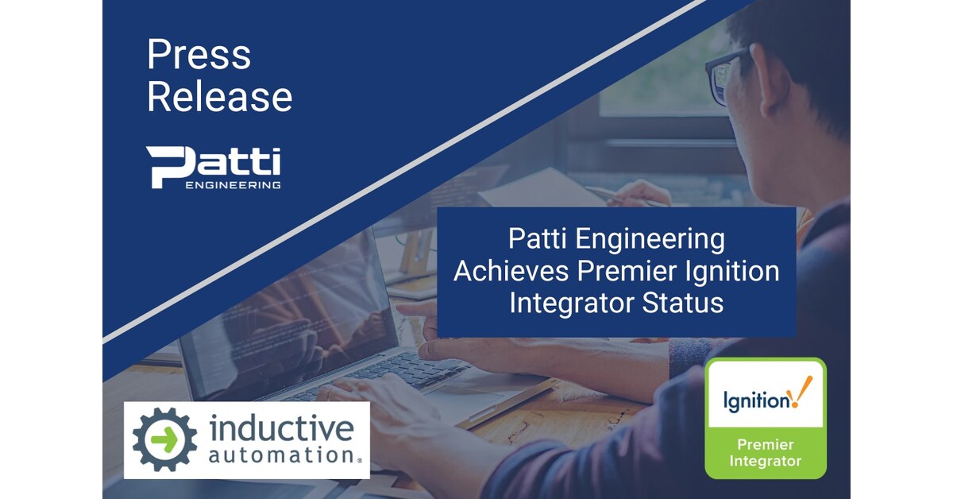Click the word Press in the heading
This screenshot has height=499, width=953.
pos(199,55)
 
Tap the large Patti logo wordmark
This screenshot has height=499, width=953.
pos(213,163)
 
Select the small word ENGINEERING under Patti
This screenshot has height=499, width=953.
pos(233,185)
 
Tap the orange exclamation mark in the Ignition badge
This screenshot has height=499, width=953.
pos(801,392)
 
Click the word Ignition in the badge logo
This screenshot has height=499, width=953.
pos(756,401)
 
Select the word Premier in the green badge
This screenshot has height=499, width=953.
pos(766,444)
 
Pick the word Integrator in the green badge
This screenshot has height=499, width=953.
pos(766,461)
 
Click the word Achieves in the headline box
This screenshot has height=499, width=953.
pos(511,271)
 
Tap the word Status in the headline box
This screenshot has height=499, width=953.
pos(682,303)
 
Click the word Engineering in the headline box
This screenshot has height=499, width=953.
pos(650,240)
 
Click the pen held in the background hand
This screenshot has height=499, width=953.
pos(626,197)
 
